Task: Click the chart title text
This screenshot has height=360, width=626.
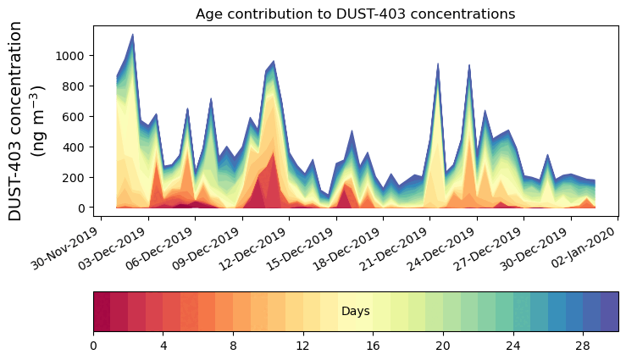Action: pos(355,14)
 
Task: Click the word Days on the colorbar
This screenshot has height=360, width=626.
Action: pos(356,312)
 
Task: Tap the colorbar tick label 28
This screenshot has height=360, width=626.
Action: pos(582,346)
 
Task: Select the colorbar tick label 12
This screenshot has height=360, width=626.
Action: pos(303,346)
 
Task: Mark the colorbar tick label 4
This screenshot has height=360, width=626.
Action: pos(163,346)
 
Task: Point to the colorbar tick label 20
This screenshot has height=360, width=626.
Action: pos(442,346)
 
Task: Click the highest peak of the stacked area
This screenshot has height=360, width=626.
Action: pos(132,35)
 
